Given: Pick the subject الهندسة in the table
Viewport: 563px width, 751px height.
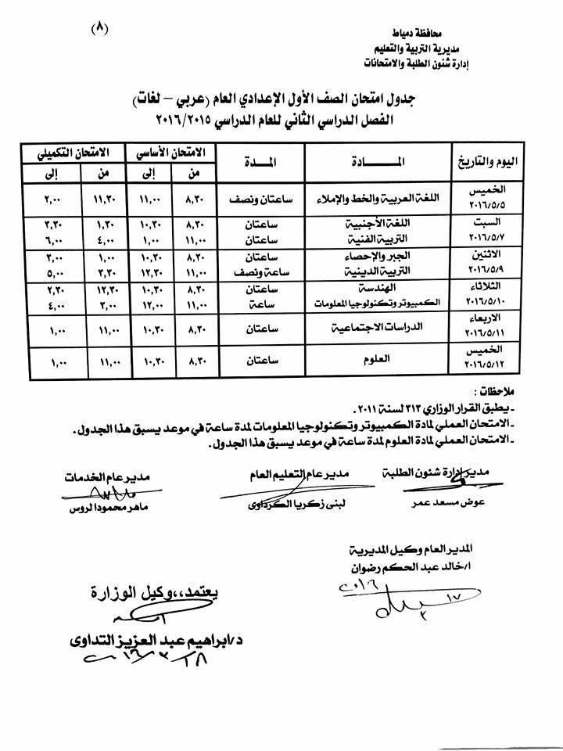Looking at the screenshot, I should coord(378,289).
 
